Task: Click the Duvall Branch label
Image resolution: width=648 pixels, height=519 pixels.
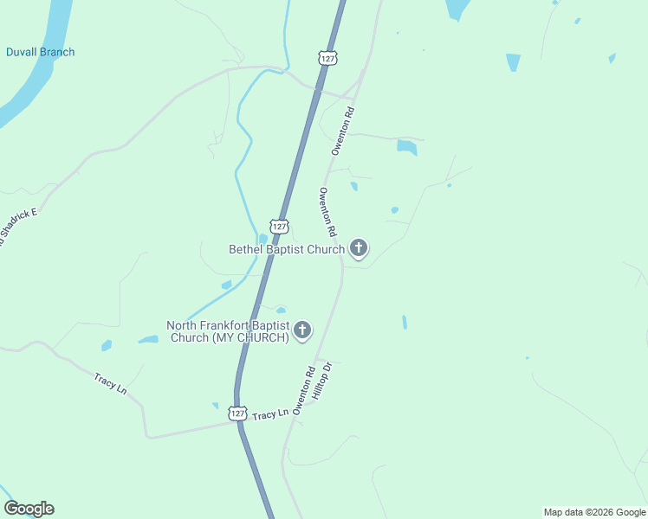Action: click(x=40, y=52)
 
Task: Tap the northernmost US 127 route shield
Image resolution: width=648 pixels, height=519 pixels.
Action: click(x=327, y=57)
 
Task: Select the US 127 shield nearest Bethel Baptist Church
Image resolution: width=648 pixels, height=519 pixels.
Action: click(x=278, y=226)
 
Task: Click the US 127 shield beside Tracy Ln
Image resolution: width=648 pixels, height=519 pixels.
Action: click(x=238, y=414)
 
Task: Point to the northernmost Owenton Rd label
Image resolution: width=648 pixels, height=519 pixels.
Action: click(x=344, y=131)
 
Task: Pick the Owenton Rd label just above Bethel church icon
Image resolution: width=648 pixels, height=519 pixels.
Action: click(x=327, y=213)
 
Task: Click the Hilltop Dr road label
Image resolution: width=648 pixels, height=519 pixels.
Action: click(x=322, y=381)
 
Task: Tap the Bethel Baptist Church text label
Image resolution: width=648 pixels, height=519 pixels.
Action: click(x=287, y=249)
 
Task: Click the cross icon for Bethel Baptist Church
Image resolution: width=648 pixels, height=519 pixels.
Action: click(x=359, y=249)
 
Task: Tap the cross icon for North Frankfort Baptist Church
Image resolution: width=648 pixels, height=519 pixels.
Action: click(x=302, y=330)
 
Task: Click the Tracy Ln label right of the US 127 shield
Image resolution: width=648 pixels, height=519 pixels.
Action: click(x=270, y=416)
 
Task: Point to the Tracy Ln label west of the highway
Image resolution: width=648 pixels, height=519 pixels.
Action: click(x=111, y=383)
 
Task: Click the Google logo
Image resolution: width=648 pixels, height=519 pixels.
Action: click(x=29, y=509)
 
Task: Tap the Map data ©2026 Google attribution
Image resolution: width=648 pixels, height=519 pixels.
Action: click(x=594, y=512)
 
